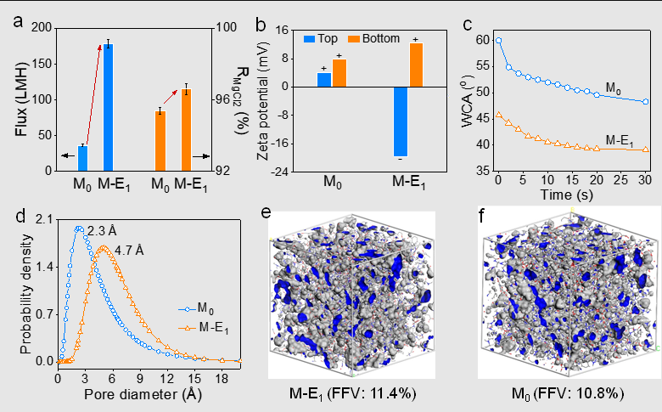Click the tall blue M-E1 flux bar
[109, 107]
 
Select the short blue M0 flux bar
[83, 159]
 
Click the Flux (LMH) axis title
[21, 99]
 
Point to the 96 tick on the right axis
[223, 99]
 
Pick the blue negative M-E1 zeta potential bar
[401, 121]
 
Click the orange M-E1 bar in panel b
[416, 65]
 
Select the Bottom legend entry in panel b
[373, 38]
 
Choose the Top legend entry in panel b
[321, 38]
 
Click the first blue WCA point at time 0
[498, 41]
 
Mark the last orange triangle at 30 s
[646, 150]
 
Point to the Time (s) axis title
[567, 195]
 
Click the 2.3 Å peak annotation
[102, 231]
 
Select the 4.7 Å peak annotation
[129, 251]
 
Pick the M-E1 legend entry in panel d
[203, 328]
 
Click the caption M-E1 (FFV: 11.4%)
[352, 394]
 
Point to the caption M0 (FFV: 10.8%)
[568, 394]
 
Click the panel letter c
[467, 25]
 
